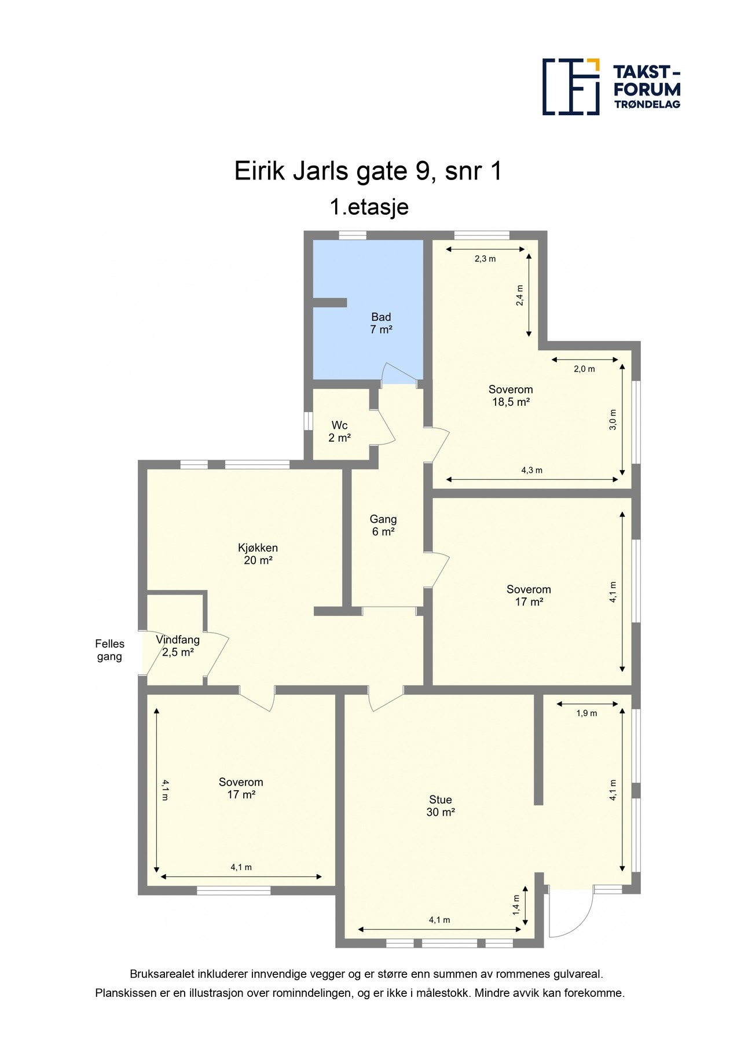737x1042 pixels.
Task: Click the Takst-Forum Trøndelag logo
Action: pos(611,87)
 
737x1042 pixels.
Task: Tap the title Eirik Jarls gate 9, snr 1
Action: pos(368,171)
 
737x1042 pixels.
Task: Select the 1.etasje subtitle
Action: pos(369,207)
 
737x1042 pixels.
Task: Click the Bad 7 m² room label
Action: pos(381,324)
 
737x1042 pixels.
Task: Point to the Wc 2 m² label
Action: pos(339,432)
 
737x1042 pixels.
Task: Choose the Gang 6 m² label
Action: pos(383,526)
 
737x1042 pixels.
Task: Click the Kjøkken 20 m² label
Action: pos(258,554)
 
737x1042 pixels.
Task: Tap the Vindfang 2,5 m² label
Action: pos(178,646)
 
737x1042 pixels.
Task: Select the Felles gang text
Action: pos(109,650)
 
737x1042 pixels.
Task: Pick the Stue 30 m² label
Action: pos(440,806)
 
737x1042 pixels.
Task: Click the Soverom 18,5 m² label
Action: pos(511,396)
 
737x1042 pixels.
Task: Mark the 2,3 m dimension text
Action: pos(485,259)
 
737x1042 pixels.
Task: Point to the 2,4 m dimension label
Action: pos(519,295)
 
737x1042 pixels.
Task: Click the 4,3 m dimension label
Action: pos(531,470)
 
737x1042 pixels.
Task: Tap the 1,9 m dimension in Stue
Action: pos(586,713)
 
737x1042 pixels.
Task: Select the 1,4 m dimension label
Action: pos(516,905)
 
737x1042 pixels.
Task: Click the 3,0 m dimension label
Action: pos(613,419)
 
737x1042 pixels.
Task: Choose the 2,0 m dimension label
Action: pos(584,369)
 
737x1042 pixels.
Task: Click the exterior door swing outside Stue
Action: pos(570,915)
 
